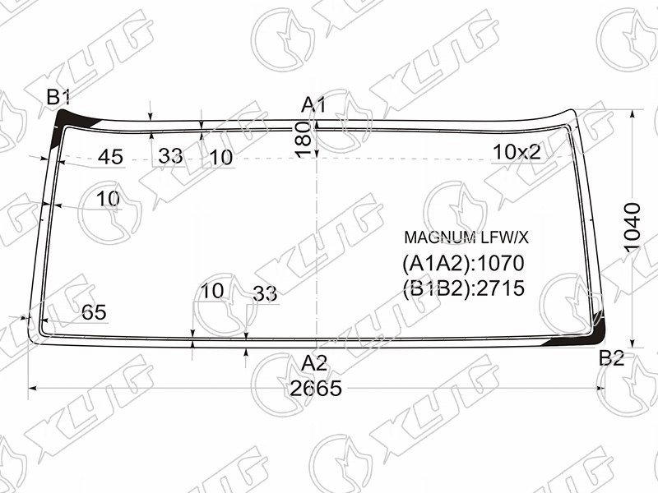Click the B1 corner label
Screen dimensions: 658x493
[x=58, y=98]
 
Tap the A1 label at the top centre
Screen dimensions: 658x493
[x=313, y=105]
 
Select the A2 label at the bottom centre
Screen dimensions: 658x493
[x=314, y=363]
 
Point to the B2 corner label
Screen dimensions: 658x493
[x=612, y=358]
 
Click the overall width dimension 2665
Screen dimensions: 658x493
[x=316, y=389]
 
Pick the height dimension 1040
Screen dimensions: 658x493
[x=632, y=228]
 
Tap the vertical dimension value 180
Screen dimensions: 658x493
[x=303, y=140]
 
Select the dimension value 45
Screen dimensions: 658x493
[x=111, y=157]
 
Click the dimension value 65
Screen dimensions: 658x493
[x=94, y=312]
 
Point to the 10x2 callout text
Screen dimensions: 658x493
[x=517, y=152]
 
